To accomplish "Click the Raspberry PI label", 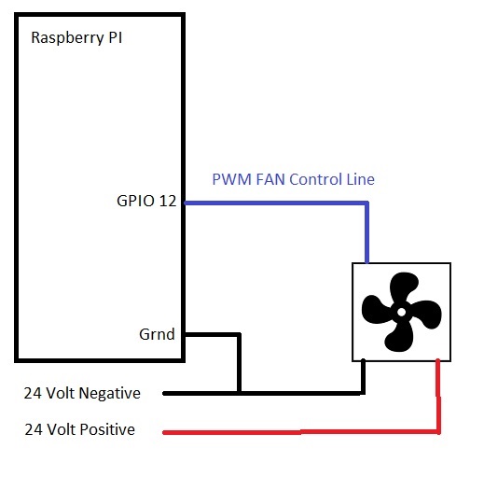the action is point(76,38).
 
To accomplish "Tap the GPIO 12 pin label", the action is point(146,201).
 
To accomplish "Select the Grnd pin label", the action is point(157,334).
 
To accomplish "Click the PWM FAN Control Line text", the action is point(293,179).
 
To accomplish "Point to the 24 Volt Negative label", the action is point(82,394).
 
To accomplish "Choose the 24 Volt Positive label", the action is point(79,429).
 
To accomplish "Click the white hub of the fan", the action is point(401,312).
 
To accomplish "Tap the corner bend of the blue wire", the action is point(366,203).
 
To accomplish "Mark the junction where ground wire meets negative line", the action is point(239,394).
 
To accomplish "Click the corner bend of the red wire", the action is point(438,432).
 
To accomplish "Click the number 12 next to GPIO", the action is point(168,201).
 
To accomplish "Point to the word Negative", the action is point(110,394).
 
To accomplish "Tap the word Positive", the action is point(107,429).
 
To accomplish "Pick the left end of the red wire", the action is point(164,432).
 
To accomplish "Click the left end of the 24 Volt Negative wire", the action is point(164,394).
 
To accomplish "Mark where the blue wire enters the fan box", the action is point(366,263).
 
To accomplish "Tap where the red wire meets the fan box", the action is point(438,360).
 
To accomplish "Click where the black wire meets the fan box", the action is point(363,360).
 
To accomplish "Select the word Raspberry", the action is point(67,38).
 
